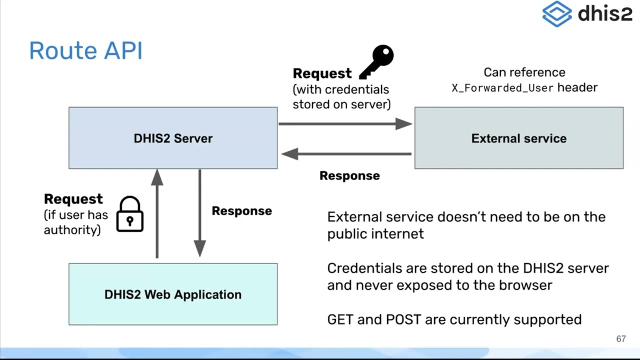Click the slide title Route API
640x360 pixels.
[85, 51]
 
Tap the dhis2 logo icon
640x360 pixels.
[556, 14]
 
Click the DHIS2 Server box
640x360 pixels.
[173, 138]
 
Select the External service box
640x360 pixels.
[518, 138]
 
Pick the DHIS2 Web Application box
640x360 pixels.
[173, 294]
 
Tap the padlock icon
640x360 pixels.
[130, 215]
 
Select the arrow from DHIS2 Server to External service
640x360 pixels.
[345, 123]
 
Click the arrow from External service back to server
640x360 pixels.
[346, 154]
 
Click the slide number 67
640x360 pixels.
[620, 339]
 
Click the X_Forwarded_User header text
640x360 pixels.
[502, 88]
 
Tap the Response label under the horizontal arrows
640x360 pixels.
[349, 175]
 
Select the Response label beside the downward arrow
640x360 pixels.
[241, 211]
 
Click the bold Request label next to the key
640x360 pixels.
[322, 73]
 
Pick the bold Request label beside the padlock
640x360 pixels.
[73, 199]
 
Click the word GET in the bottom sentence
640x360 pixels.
[340, 319]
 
